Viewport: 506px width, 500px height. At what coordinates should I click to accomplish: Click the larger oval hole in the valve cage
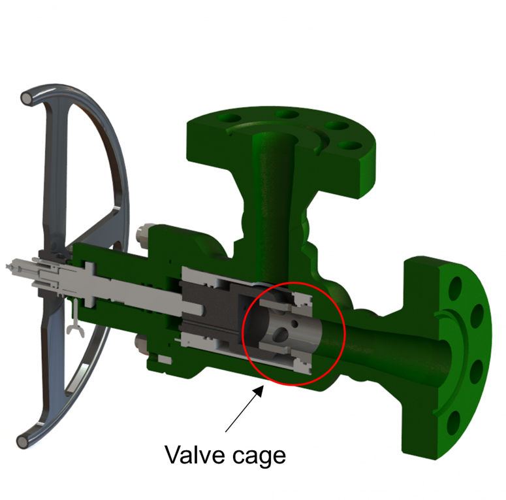click(279, 334)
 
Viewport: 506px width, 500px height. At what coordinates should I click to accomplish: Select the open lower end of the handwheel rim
click(24, 442)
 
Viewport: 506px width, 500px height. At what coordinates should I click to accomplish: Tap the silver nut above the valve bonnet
click(144, 231)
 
